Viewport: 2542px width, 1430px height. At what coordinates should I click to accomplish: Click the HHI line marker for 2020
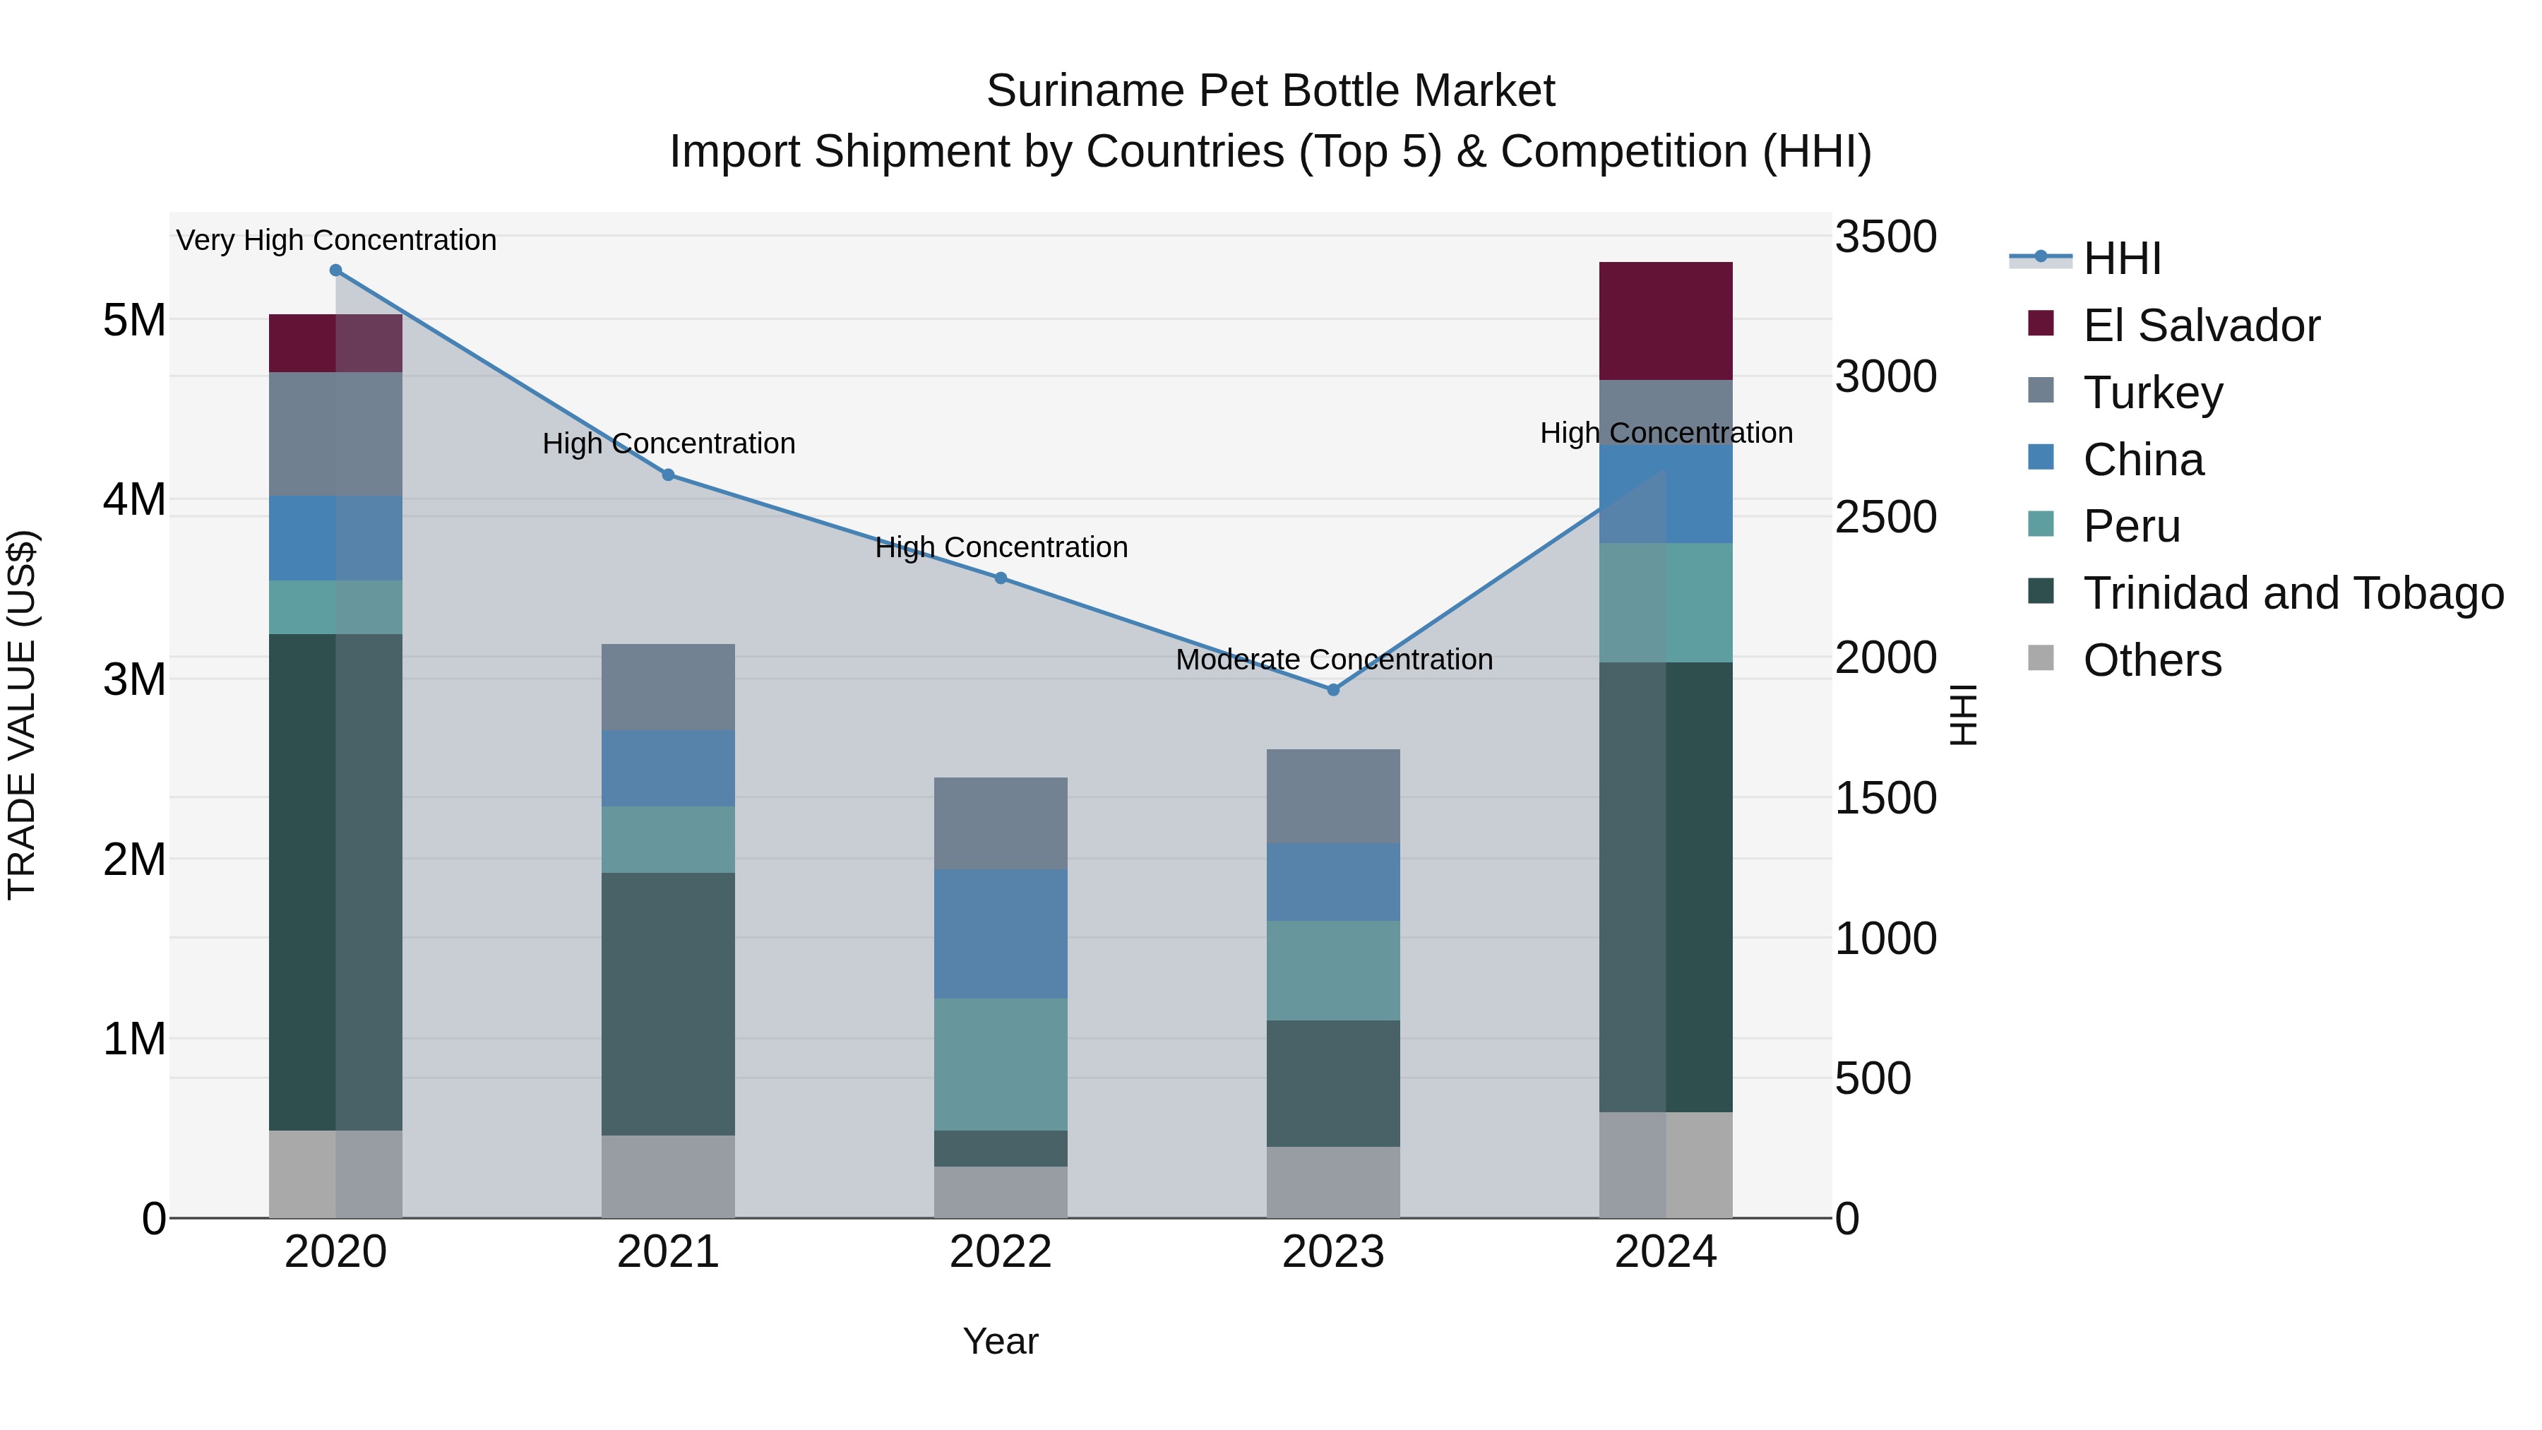(x=335, y=270)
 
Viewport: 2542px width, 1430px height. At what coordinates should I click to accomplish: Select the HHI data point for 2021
(x=668, y=475)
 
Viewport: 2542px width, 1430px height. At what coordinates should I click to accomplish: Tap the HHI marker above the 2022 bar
(x=1001, y=578)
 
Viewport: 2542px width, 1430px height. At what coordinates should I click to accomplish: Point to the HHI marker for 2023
(x=1333, y=690)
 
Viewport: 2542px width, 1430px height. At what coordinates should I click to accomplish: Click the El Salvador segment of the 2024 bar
(x=1666, y=321)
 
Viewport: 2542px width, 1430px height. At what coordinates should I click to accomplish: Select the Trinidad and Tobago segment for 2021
(x=668, y=1003)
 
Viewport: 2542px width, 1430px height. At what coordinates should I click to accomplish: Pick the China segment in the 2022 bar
(x=1001, y=934)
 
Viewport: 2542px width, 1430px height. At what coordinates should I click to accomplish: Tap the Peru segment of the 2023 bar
(x=1333, y=970)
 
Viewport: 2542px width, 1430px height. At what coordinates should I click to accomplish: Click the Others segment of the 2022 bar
(x=1001, y=1192)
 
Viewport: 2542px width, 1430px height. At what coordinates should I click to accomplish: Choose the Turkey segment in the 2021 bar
(x=668, y=687)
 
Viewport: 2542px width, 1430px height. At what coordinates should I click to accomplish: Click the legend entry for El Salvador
(x=2200, y=326)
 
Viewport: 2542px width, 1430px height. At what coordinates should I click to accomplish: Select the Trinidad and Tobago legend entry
(x=2292, y=593)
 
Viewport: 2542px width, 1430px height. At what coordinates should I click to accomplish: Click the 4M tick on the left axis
(x=134, y=499)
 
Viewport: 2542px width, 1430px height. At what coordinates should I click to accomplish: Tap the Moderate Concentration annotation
(x=1334, y=660)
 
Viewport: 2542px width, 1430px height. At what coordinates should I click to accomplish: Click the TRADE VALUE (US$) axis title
(x=22, y=715)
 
